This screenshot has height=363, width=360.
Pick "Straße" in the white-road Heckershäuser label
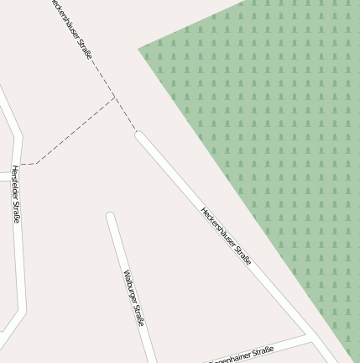click(243, 255)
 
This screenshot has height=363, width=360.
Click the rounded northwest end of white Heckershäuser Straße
click(139, 134)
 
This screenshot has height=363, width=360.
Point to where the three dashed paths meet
click(114, 98)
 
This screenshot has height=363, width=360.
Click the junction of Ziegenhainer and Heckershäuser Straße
click(310, 337)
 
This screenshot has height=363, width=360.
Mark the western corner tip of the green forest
click(139, 49)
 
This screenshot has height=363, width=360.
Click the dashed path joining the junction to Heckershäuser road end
click(125, 115)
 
